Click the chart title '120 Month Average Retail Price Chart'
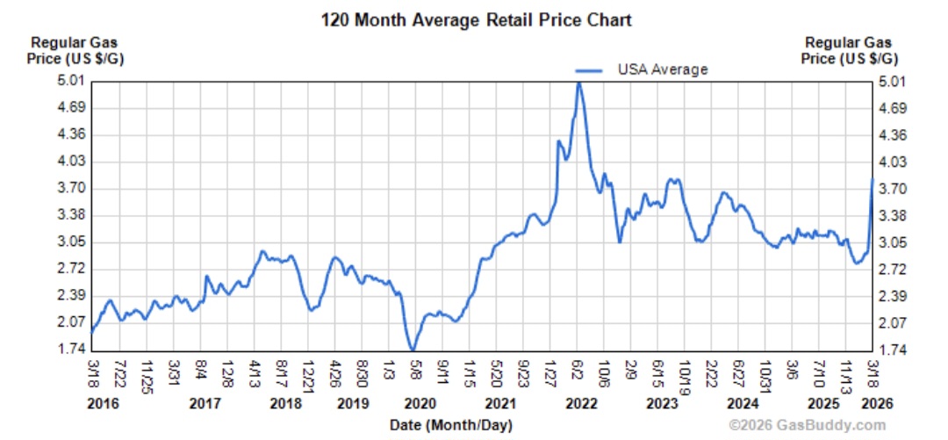476,18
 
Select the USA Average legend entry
650,69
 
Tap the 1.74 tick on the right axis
891,350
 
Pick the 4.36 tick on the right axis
891,135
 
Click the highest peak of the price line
578,83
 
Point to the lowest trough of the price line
412,350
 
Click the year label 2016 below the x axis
103,404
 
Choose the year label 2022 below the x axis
581,404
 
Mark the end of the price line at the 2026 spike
873,179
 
